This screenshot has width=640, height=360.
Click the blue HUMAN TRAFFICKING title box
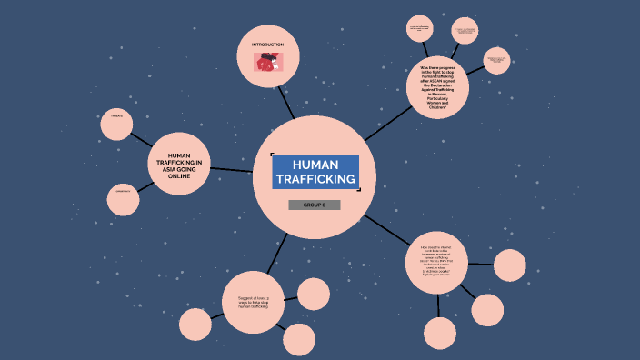coord(315,172)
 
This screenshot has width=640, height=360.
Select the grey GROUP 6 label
coord(314,205)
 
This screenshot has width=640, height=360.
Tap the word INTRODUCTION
coord(267,45)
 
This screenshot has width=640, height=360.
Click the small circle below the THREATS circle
coord(123,199)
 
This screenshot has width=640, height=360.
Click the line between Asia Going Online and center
coord(232,169)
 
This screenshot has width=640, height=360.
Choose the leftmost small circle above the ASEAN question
coord(419,28)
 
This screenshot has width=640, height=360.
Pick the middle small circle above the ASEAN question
coord(465,32)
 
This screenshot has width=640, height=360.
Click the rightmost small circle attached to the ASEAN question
coord(496,61)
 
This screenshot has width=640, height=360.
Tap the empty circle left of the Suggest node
coord(195,325)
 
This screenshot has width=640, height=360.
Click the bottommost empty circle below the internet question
coord(440,334)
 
